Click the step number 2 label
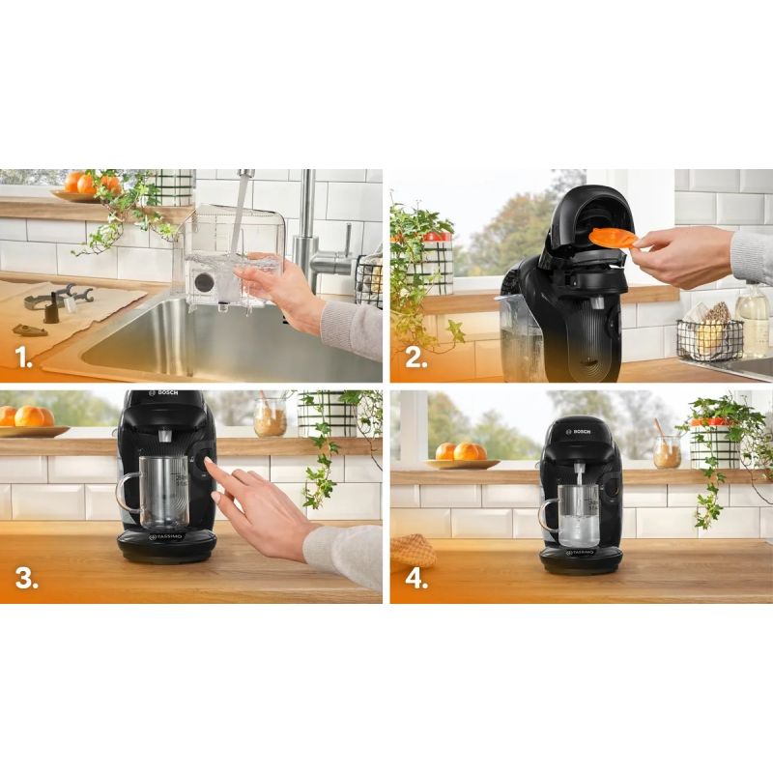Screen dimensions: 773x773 pyautogui.click(x=415, y=359)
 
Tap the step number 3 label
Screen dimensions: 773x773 pyautogui.click(x=25, y=579)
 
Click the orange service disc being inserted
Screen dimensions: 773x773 pyautogui.click(x=613, y=238)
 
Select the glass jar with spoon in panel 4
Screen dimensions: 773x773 pyautogui.click(x=667, y=450)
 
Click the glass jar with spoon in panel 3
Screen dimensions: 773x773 pyautogui.click(x=271, y=418)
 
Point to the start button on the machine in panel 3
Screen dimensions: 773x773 pyautogui.click(x=205, y=465)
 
